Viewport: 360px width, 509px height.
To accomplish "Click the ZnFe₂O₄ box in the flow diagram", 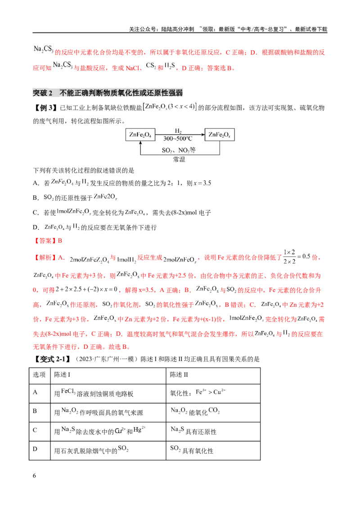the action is click(140, 134).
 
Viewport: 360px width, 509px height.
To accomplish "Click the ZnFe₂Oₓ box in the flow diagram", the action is click(219, 134).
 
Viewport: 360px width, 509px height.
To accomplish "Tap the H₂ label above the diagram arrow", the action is click(178, 131).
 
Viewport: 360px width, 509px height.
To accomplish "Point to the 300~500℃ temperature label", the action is click(178, 138).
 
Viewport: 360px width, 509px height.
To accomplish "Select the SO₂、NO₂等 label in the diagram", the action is click(179, 150).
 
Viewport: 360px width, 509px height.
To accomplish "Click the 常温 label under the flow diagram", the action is click(179, 159).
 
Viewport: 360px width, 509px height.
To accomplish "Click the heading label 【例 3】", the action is click(45, 108).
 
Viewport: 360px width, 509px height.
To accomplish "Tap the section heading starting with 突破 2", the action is click(108, 93).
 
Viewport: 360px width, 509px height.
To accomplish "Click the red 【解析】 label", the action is click(45, 258).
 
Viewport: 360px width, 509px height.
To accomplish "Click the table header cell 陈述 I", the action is click(62, 375).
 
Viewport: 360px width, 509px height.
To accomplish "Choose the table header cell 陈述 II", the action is click(179, 375).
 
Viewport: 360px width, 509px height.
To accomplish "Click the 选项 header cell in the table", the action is click(39, 375).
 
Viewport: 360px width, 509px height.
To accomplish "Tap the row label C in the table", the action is click(35, 430).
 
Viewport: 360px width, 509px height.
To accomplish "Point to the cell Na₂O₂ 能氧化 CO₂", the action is click(195, 411).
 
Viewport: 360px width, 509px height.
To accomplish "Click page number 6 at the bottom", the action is click(35, 476).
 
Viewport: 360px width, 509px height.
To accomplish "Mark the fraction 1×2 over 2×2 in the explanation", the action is click(289, 257).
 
